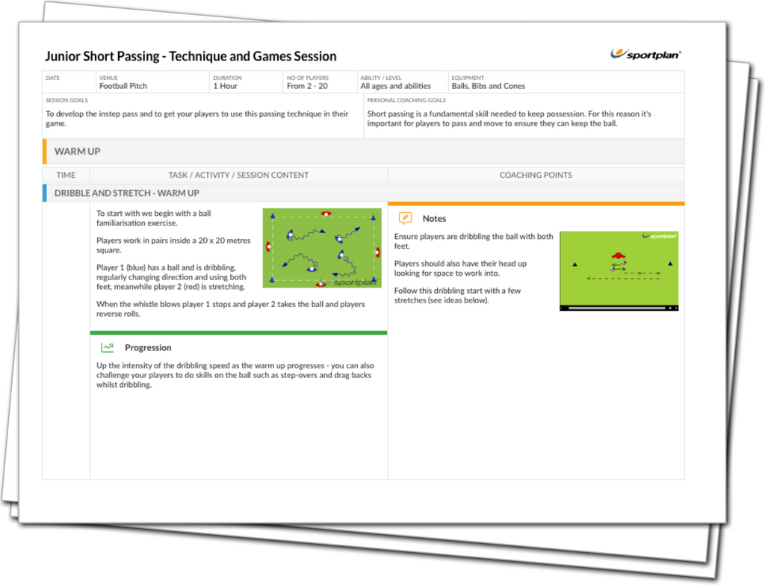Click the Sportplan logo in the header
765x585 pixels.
(x=645, y=54)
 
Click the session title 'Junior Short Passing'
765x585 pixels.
(x=191, y=56)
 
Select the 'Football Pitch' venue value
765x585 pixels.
(x=123, y=86)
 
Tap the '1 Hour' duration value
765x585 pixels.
(x=226, y=86)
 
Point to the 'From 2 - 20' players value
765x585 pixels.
(x=307, y=86)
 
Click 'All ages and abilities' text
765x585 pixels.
(x=395, y=86)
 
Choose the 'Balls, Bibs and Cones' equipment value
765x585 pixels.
(x=488, y=86)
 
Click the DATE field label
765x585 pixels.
(x=52, y=78)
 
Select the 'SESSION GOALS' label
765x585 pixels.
(x=66, y=100)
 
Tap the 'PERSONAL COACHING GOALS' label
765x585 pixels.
(x=406, y=100)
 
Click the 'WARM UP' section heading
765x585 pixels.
(x=77, y=152)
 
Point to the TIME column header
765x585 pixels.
(x=66, y=175)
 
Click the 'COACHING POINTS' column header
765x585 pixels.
(x=536, y=175)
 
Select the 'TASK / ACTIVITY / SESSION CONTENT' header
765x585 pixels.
(x=238, y=175)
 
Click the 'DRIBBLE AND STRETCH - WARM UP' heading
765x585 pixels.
(x=126, y=193)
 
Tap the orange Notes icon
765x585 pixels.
(x=405, y=218)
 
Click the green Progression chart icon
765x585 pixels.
(x=108, y=347)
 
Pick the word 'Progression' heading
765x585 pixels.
(x=148, y=347)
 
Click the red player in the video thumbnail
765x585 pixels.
(x=617, y=256)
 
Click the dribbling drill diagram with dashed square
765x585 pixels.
(x=322, y=247)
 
